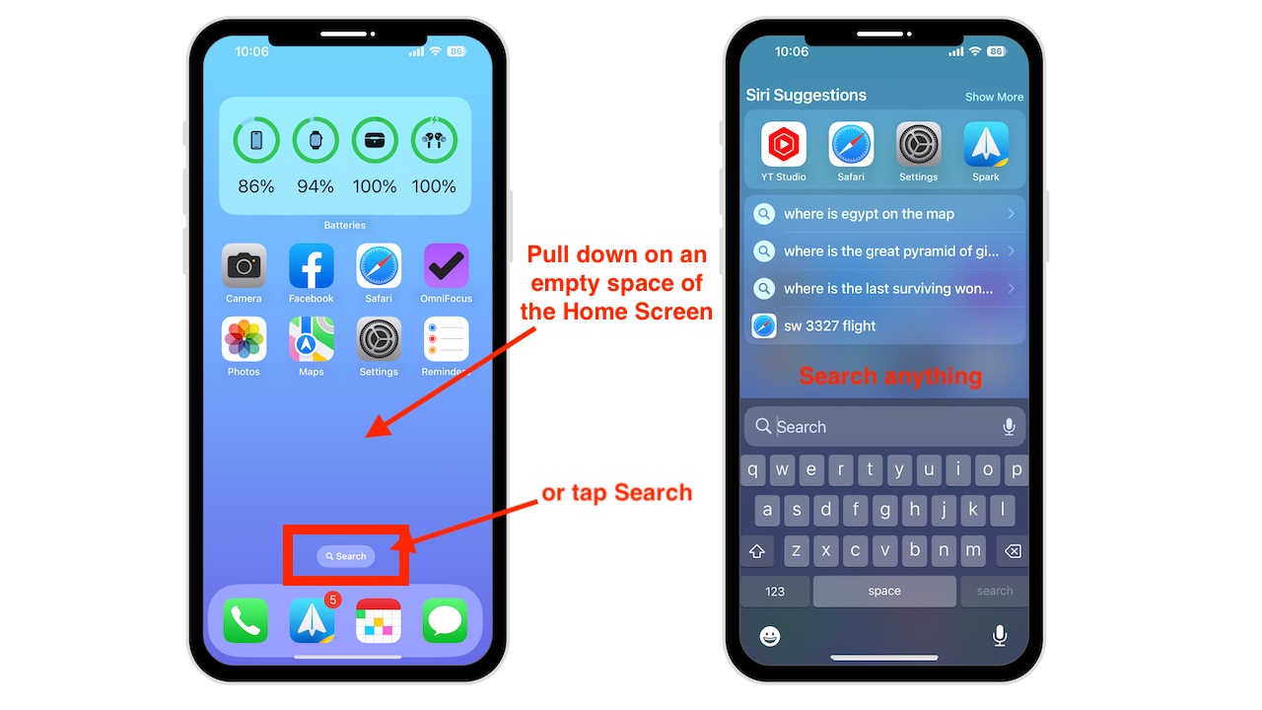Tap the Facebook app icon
coord(311,266)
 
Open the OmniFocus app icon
coord(446,266)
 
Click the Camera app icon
coord(244,266)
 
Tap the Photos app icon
coord(244,339)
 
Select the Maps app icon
coord(311,339)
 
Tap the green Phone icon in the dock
coord(245,620)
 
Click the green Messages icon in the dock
coord(445,620)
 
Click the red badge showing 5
coord(333,601)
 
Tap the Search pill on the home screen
coord(345,556)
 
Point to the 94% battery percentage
coord(315,186)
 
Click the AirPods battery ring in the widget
coord(433,140)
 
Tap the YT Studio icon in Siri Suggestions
coord(783,144)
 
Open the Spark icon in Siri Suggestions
coord(985,144)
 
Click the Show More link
coord(994,97)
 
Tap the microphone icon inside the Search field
coord(1009,427)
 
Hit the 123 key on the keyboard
coord(775,591)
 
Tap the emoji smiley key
coord(770,636)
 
